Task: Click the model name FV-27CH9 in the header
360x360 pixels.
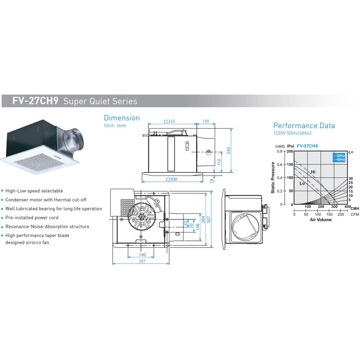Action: [x=35, y=101]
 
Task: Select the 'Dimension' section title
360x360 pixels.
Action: [x=122, y=118]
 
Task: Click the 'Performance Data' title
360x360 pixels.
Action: [x=304, y=126]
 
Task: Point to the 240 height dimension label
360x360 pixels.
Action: [x=229, y=150]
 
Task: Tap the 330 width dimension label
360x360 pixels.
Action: [x=172, y=179]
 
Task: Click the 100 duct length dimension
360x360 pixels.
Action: [x=206, y=121]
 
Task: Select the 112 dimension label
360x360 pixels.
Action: [x=219, y=162]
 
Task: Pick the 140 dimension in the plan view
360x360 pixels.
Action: [x=142, y=255]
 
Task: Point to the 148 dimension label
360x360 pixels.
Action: [x=197, y=227]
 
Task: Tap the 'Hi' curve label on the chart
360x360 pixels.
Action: [x=313, y=172]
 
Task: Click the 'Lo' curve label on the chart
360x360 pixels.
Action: [x=302, y=184]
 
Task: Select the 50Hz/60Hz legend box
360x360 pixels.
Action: [x=339, y=157]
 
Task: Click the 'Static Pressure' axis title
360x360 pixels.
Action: [x=273, y=178]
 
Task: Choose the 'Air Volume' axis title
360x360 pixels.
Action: [x=321, y=220]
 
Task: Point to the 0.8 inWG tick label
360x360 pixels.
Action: [x=279, y=151]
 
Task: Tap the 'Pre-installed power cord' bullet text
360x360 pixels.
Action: [x=32, y=218]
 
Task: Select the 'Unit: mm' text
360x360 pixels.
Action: [x=115, y=126]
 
